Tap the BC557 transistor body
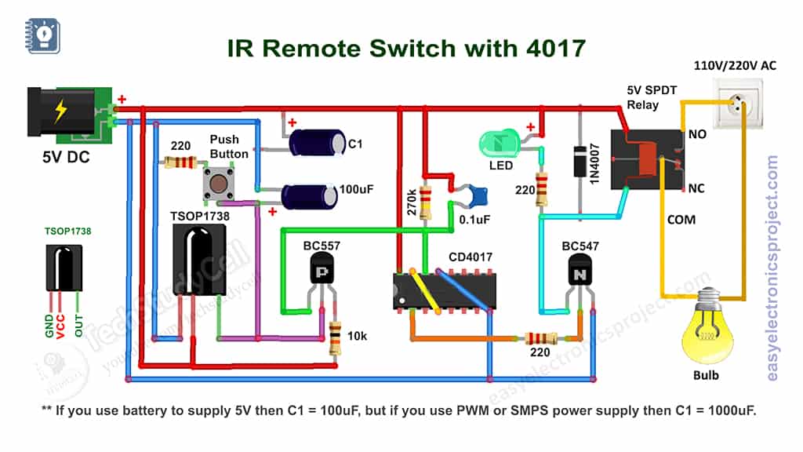coord(322,272)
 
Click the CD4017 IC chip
coord(444,290)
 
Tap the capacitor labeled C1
coord(317,142)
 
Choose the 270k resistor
coord(426,202)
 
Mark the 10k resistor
coord(335,338)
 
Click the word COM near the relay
coord(681,220)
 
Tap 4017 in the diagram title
coord(550,49)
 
